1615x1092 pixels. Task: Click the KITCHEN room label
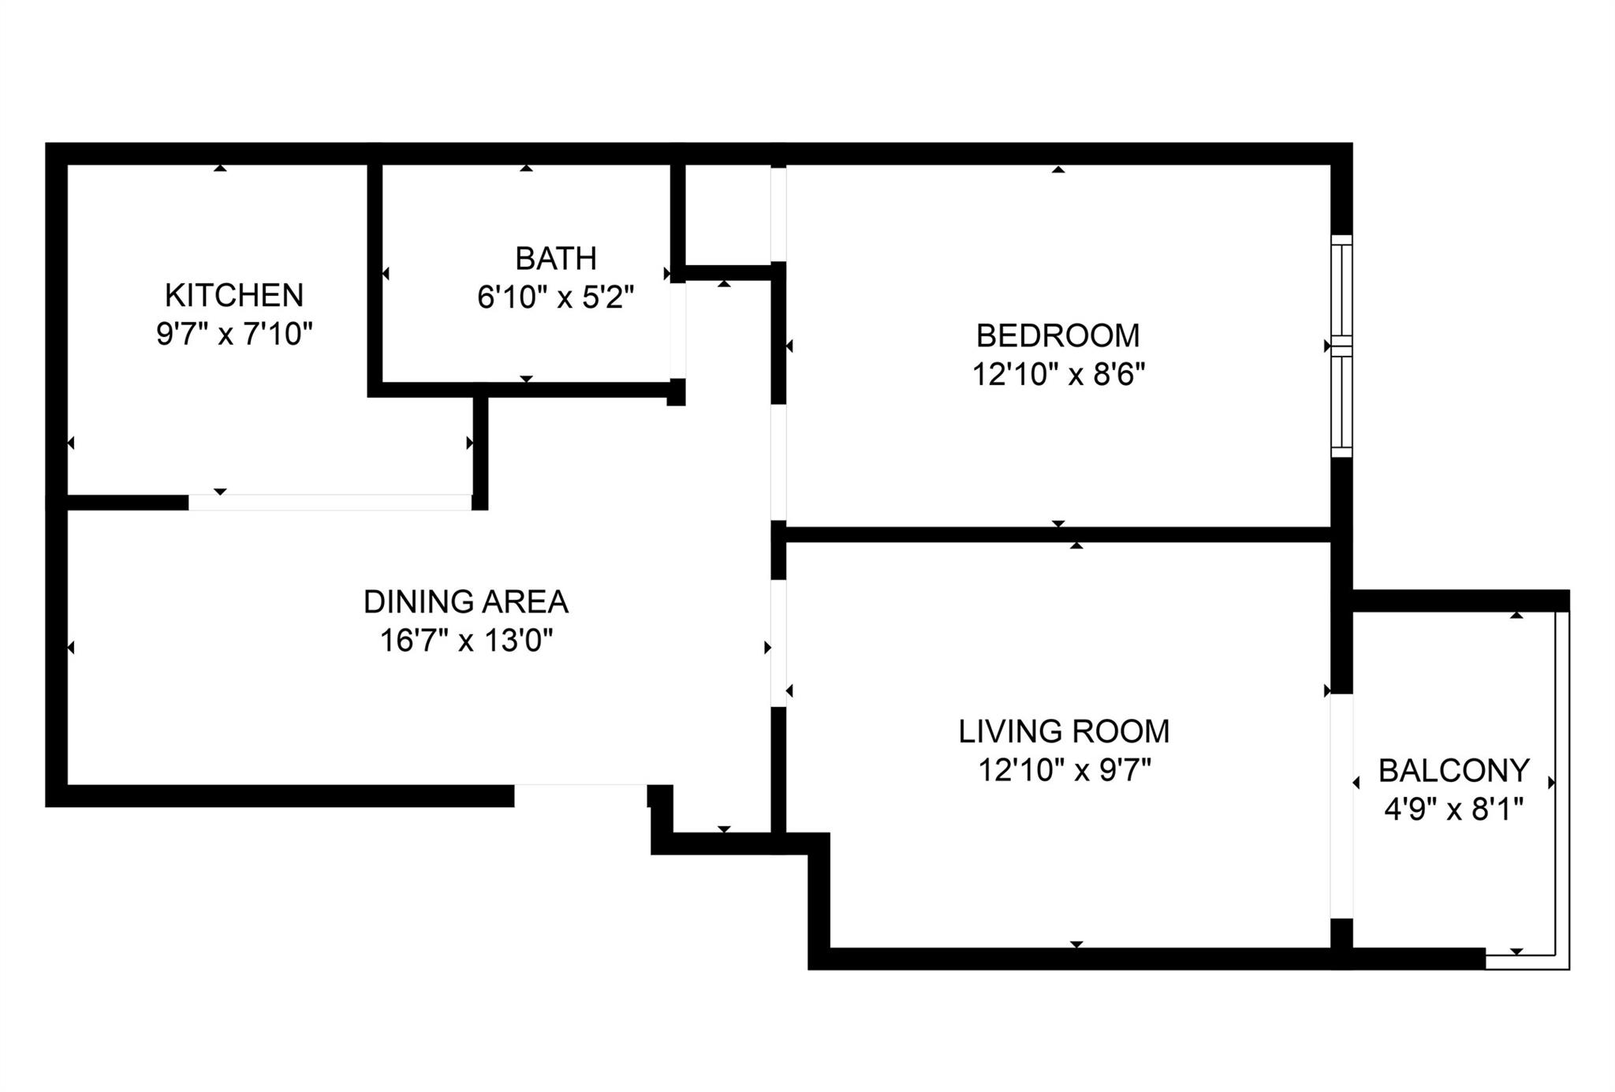click(234, 295)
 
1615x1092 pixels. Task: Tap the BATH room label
click(555, 259)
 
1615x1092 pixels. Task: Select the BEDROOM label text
click(1057, 335)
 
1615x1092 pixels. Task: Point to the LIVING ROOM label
click(1064, 731)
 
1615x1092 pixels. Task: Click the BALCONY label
click(1453, 770)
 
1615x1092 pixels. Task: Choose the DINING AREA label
click(465, 602)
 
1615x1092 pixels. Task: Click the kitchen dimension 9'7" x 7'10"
click(234, 335)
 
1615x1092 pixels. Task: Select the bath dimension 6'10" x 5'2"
click(555, 298)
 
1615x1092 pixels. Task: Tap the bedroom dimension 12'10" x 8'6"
click(1057, 374)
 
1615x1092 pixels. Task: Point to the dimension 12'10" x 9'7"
click(1064, 770)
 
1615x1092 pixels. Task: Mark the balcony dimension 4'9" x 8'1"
click(1453, 810)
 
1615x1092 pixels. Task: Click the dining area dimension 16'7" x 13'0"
click(465, 641)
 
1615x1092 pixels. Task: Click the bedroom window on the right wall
click(1341, 346)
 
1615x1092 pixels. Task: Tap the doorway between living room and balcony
click(1341, 806)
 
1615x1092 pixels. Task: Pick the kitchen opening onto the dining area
click(330, 503)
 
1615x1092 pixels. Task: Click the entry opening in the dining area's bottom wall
click(581, 795)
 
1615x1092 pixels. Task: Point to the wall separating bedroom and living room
click(1057, 534)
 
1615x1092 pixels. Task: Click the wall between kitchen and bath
click(375, 276)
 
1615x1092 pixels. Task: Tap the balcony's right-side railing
click(1562, 781)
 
